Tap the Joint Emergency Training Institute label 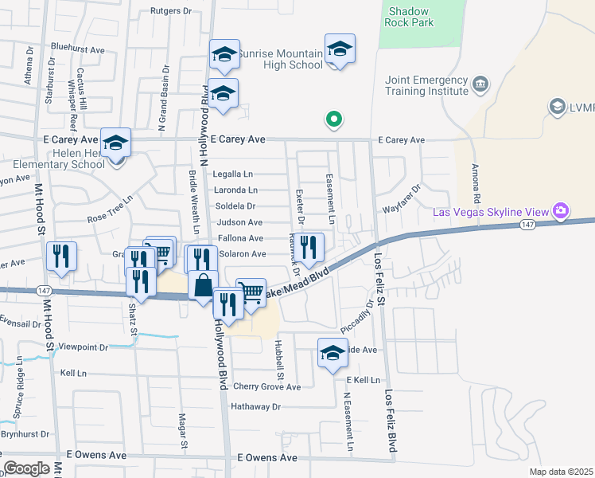click(x=426, y=86)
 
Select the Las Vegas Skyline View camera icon click(x=561, y=211)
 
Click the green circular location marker click(x=334, y=120)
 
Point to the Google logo click(x=26, y=468)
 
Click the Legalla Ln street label click(x=232, y=174)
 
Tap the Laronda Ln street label click(x=235, y=190)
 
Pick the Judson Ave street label click(x=239, y=222)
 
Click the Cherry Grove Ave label click(x=267, y=387)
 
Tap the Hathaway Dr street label click(x=256, y=406)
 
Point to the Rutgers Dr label click(x=172, y=11)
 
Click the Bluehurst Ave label click(x=78, y=49)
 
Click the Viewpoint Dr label click(x=84, y=347)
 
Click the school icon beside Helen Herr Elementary click(x=116, y=143)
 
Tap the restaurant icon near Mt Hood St click(x=61, y=257)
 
